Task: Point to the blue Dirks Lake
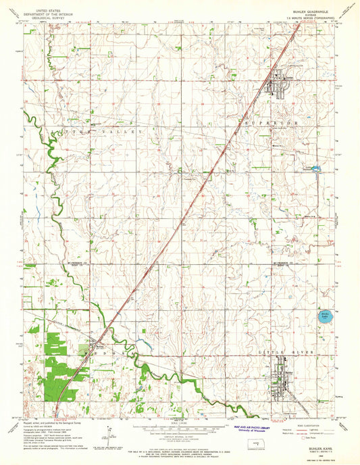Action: click(x=324, y=314)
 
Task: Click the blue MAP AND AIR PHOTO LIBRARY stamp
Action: click(x=251, y=429)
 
